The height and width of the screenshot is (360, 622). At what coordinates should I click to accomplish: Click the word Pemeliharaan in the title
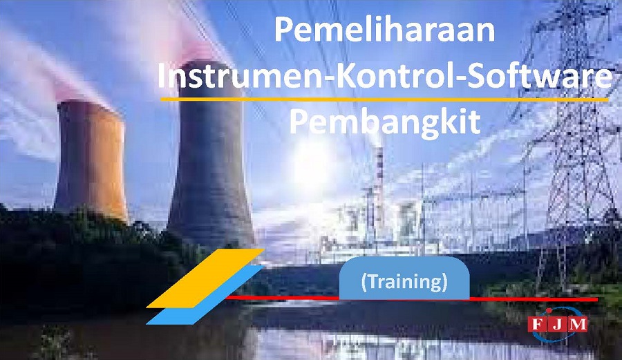click(x=384, y=30)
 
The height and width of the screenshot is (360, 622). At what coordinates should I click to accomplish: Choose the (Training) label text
click(x=404, y=281)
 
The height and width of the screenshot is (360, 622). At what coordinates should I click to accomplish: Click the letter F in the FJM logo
click(x=537, y=325)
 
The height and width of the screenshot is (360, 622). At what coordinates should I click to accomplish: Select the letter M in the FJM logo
click(x=578, y=325)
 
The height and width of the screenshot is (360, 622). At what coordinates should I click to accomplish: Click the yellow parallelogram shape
click(x=205, y=278)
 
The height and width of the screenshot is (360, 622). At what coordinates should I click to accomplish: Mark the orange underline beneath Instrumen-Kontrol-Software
click(x=384, y=99)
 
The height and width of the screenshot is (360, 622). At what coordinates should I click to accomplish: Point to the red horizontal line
click(x=411, y=298)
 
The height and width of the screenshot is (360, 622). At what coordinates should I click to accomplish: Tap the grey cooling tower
click(x=210, y=155)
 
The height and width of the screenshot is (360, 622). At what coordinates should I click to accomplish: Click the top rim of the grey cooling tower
click(x=210, y=64)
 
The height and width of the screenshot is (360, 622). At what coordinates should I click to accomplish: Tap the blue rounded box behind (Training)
click(x=404, y=278)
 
